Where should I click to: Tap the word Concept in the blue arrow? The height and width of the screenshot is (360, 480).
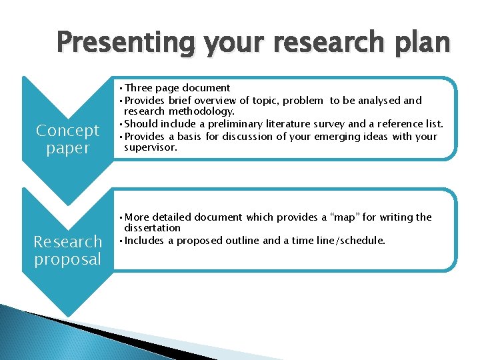pyautogui.click(x=67, y=130)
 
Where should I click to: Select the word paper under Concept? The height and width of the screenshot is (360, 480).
pyautogui.click(x=67, y=147)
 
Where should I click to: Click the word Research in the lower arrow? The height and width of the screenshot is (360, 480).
pyautogui.click(x=67, y=241)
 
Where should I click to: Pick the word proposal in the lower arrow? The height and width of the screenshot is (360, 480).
pyautogui.click(x=67, y=259)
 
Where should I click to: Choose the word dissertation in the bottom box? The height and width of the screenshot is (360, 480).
pyautogui.click(x=152, y=228)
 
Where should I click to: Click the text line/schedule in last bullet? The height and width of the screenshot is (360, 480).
pyautogui.click(x=350, y=240)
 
